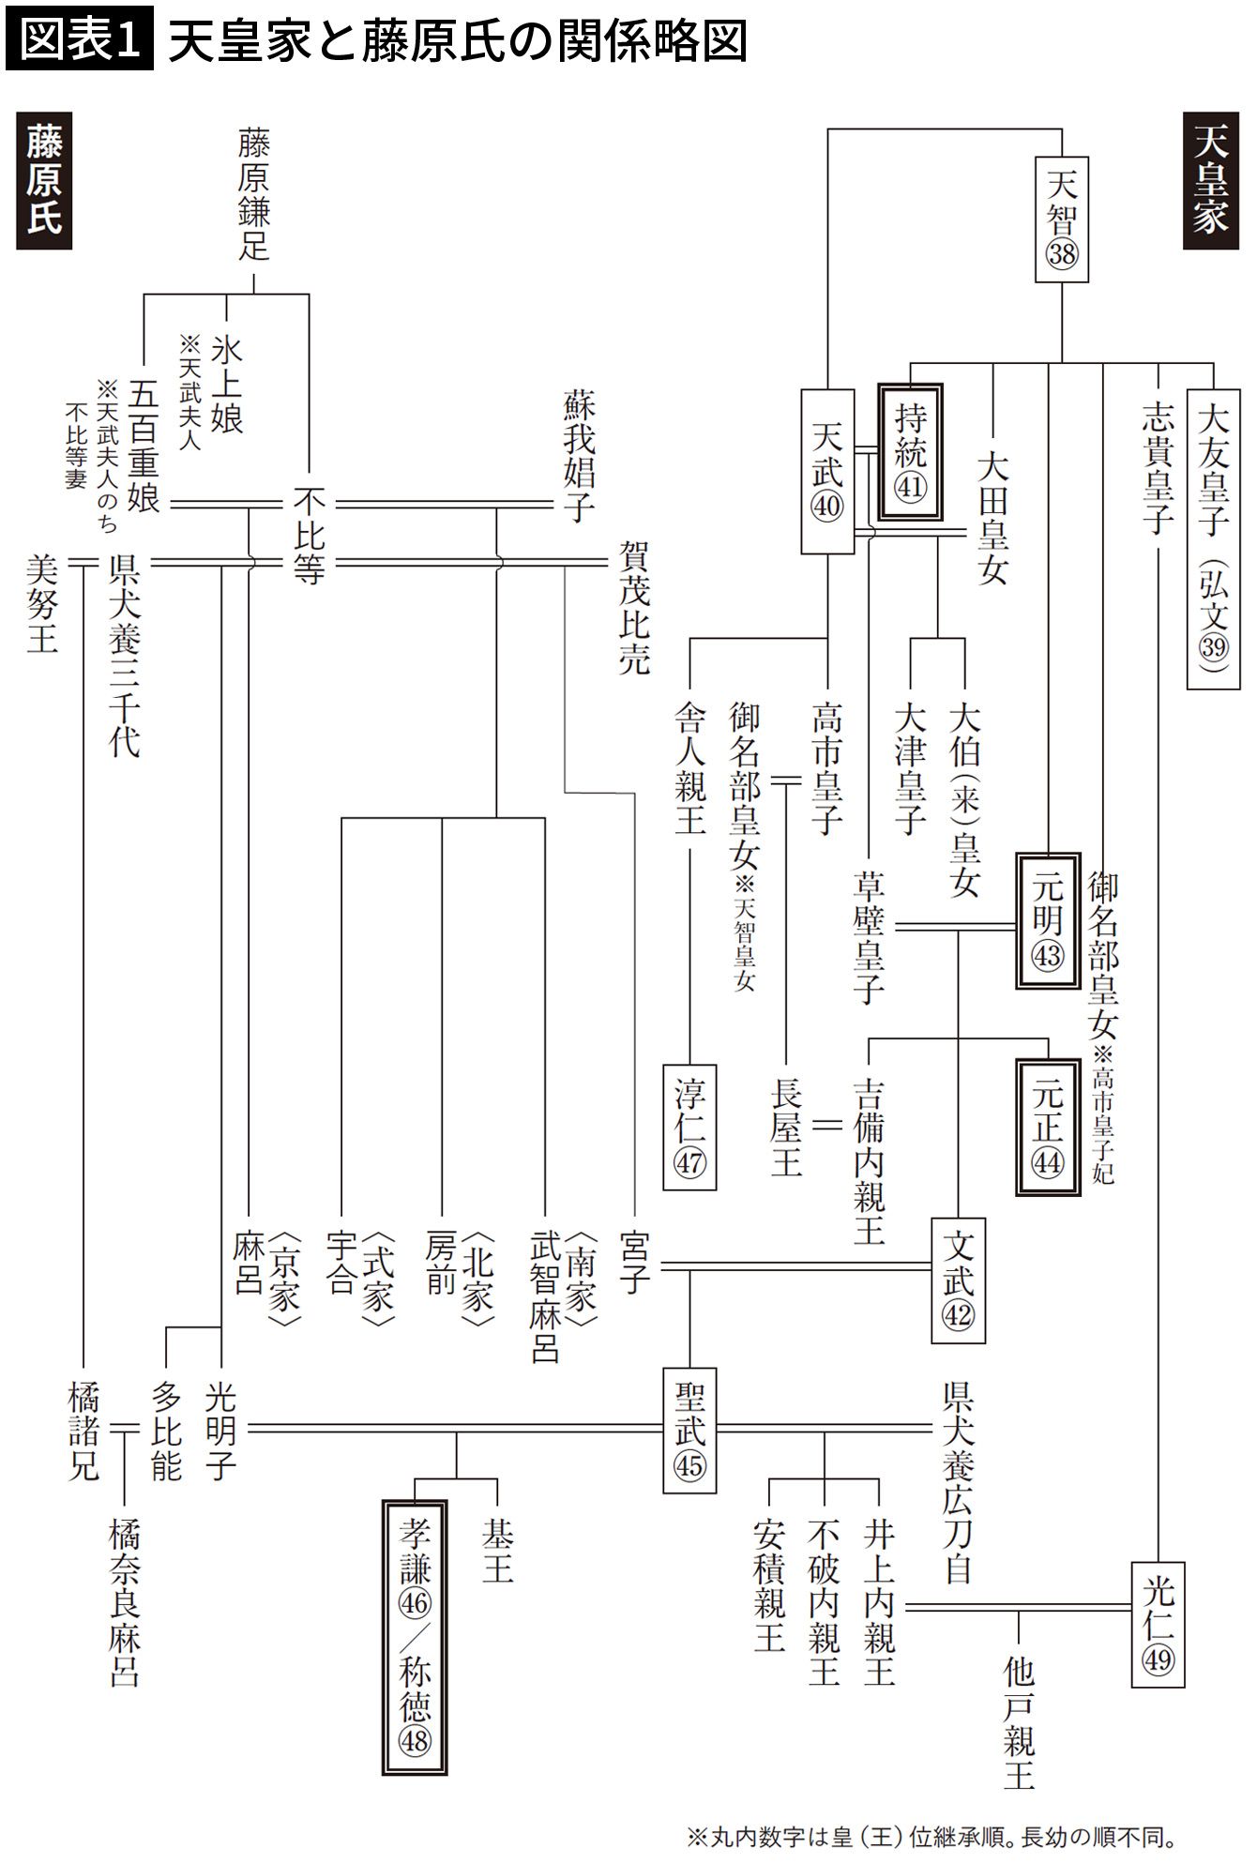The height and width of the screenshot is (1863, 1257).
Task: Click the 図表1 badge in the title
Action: pos(79,43)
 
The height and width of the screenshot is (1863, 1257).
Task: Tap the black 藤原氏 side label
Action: pos(44,180)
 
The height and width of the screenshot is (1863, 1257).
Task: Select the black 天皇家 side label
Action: pos(1211,180)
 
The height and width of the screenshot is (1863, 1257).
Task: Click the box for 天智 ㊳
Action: pos(1062,219)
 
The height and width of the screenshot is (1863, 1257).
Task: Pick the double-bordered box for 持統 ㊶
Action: pos(911,451)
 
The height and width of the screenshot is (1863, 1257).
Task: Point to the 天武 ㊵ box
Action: pos(827,471)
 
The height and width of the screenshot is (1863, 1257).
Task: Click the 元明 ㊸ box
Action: pos(1047,919)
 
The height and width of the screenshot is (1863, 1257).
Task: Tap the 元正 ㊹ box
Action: pos(1047,1125)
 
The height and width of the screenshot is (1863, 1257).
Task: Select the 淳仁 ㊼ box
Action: pos(689,1127)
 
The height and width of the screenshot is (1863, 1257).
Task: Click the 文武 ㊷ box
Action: pos(958,1280)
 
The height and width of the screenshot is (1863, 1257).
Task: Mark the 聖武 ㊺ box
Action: pos(689,1431)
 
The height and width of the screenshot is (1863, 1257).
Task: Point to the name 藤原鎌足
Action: pos(254,194)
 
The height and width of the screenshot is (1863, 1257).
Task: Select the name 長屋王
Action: pos(786,1127)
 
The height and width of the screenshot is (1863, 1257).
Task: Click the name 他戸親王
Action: pos(1019,1721)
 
